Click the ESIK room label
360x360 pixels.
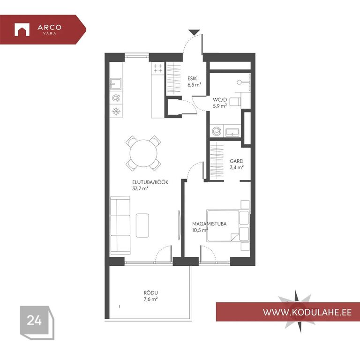[x=192, y=79]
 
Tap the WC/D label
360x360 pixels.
[x=220, y=100]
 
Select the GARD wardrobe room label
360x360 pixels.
[x=236, y=161]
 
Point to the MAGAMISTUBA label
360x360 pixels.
[x=210, y=224]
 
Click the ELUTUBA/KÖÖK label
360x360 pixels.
[x=150, y=182]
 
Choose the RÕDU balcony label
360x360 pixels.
[x=151, y=293]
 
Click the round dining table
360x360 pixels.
[x=143, y=153]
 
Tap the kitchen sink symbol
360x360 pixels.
[x=116, y=84]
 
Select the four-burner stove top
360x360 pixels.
[x=158, y=68]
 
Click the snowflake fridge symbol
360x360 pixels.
[x=116, y=112]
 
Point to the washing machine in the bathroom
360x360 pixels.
[x=217, y=132]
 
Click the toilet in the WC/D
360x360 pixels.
[x=236, y=101]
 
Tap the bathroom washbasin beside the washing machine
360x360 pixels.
[x=232, y=132]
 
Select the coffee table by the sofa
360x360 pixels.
[x=142, y=225]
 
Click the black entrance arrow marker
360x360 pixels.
[x=194, y=32]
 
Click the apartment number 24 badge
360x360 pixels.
[x=34, y=320]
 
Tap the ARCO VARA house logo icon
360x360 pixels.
[x=22, y=30]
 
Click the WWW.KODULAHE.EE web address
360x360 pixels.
[x=307, y=312]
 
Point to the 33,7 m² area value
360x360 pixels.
[x=140, y=188]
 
